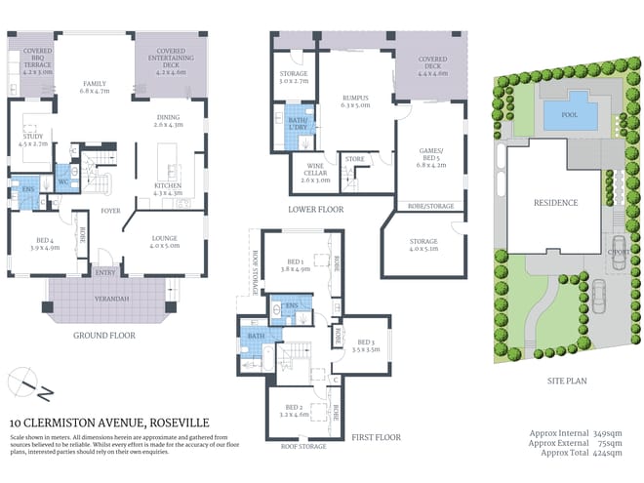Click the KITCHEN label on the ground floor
click(168, 188)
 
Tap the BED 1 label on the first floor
click(296, 262)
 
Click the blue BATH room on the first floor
click(257, 337)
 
